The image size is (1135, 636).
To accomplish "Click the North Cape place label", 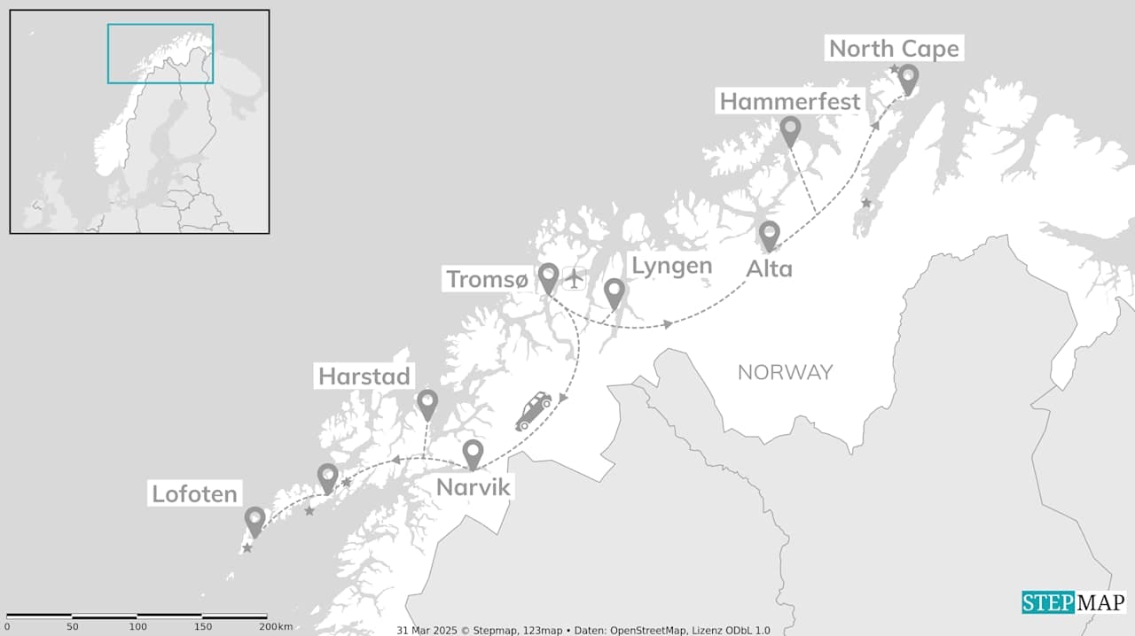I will click(x=894, y=49).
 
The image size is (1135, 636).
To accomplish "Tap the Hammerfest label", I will click(x=789, y=102).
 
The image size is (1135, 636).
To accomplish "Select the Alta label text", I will click(x=769, y=268).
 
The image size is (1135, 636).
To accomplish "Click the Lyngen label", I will click(x=670, y=266).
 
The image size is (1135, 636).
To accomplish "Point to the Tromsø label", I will click(x=487, y=279).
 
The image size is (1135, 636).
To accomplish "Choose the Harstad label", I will click(x=364, y=376).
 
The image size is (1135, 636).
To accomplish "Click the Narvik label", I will click(x=473, y=487).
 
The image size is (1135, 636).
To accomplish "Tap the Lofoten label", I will click(x=194, y=493).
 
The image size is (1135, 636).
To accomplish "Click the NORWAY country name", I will click(x=785, y=372).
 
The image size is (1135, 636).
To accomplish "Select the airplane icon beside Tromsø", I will click(x=575, y=278).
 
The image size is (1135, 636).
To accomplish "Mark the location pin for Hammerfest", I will click(x=790, y=132).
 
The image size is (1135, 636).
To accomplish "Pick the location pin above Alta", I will click(x=769, y=236).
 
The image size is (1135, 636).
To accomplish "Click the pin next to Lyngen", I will click(x=614, y=293).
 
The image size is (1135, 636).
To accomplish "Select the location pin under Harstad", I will click(x=427, y=404).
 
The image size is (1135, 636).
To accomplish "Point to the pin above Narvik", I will click(x=473, y=454).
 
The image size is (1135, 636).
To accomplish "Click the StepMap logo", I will click(x=1073, y=603).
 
